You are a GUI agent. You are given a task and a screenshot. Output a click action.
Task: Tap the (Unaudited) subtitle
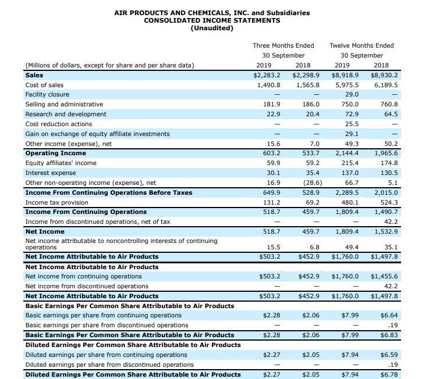click(x=212, y=28)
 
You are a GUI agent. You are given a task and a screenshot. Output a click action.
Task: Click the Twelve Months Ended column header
click(x=361, y=45)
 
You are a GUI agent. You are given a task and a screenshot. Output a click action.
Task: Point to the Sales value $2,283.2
click(x=267, y=75)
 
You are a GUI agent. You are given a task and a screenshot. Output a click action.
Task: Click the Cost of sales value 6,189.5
click(x=385, y=85)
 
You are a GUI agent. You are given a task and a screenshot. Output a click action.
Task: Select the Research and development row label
click(x=66, y=115)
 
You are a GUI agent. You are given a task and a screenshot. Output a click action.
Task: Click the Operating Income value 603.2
click(x=271, y=153)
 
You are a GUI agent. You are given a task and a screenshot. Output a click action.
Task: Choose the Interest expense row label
click(x=51, y=173)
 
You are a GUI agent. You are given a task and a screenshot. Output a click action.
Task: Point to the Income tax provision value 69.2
click(x=313, y=202)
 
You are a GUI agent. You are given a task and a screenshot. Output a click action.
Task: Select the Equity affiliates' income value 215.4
click(x=349, y=163)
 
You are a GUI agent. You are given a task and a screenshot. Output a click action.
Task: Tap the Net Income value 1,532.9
click(x=385, y=232)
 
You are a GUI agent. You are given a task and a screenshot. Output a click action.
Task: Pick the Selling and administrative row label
click(x=64, y=105)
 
